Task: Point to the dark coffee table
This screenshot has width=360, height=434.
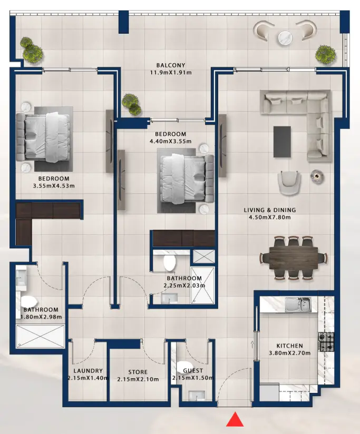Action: click(282, 141)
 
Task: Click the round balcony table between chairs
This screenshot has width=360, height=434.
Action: click(285, 37)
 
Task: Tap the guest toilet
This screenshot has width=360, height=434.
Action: click(186, 368)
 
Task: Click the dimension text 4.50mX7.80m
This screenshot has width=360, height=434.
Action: click(269, 217)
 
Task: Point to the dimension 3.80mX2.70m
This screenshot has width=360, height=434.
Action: click(290, 353)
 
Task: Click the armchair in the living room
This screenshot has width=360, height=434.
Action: click(289, 181)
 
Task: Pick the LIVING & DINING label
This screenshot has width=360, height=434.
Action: click(269, 210)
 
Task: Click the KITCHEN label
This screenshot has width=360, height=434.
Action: click(290, 346)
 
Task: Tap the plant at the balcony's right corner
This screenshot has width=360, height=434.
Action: click(325, 53)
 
